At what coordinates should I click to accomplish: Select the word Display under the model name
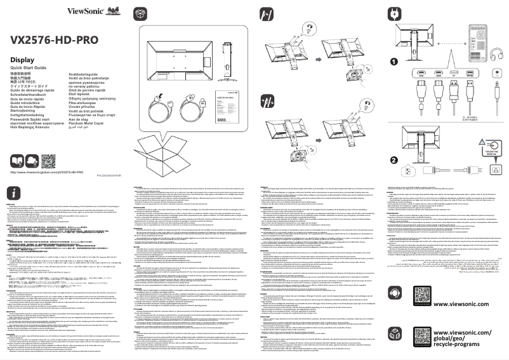pyautogui.click(x=22, y=60)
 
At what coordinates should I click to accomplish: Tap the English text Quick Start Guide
pyautogui.click(x=29, y=67)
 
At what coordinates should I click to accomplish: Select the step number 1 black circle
pyautogui.click(x=393, y=62)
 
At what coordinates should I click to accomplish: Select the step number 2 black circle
pyautogui.click(x=393, y=160)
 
